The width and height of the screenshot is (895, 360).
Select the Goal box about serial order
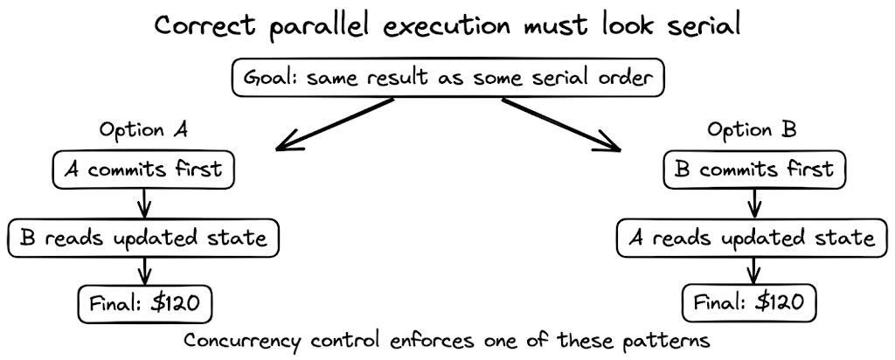click(448, 78)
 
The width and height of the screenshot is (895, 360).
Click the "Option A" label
click(144, 132)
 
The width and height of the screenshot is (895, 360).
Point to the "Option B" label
click(753, 132)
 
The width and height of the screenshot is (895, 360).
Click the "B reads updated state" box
click(145, 236)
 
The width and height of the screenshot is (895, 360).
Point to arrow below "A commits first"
click(145, 203)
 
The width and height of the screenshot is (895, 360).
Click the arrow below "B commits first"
click(753, 203)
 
